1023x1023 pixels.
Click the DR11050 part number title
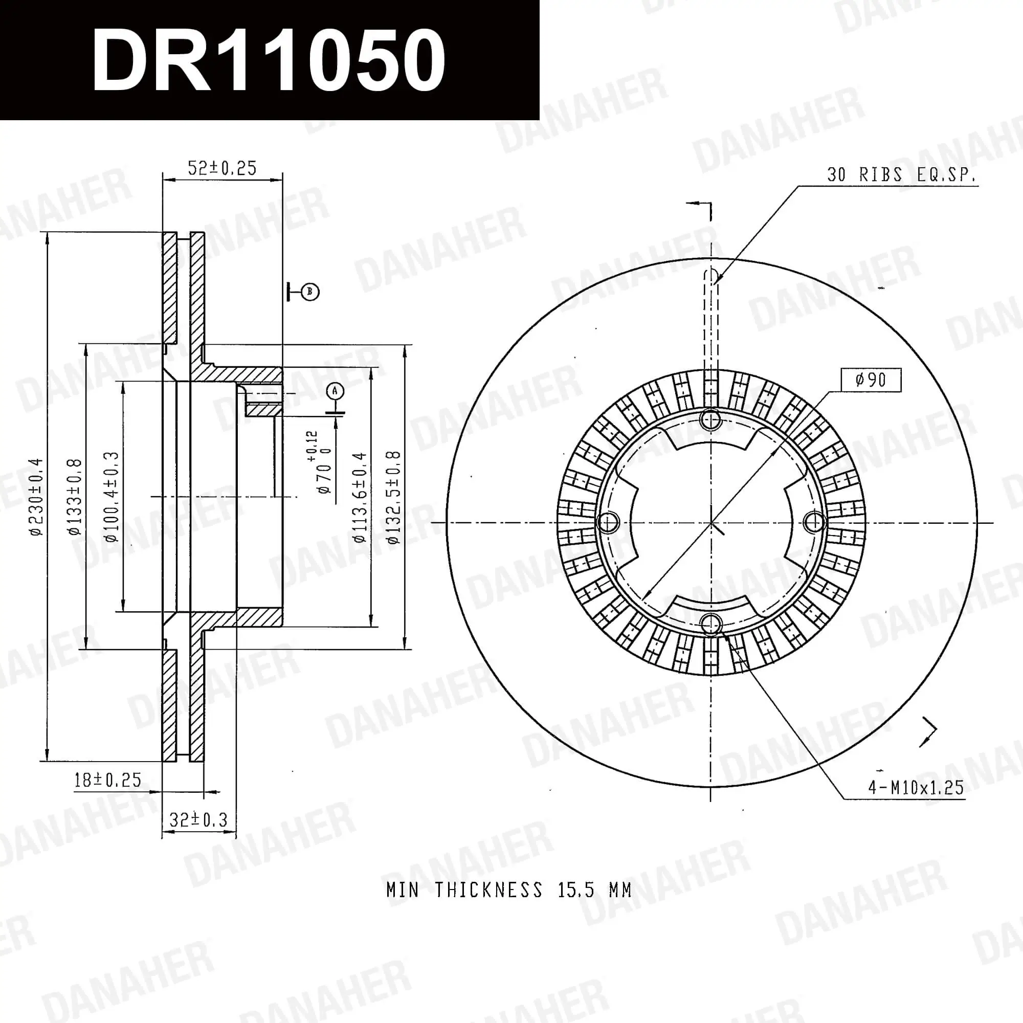[269, 60]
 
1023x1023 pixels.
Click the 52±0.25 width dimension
[222, 168]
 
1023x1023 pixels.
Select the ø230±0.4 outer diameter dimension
[36, 497]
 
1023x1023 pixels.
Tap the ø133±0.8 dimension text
[75, 497]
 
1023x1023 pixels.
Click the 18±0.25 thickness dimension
[107, 780]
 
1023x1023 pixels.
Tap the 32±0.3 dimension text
[198, 820]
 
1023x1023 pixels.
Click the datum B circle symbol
[310, 292]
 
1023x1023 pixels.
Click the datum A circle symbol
[335, 391]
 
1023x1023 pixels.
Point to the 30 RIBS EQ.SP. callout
[901, 175]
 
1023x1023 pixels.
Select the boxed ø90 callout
[871, 380]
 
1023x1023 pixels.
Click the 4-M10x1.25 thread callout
[916, 787]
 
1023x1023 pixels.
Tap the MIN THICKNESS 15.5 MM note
[508, 890]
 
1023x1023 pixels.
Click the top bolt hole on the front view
[710, 420]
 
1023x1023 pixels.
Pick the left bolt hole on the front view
[608, 523]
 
